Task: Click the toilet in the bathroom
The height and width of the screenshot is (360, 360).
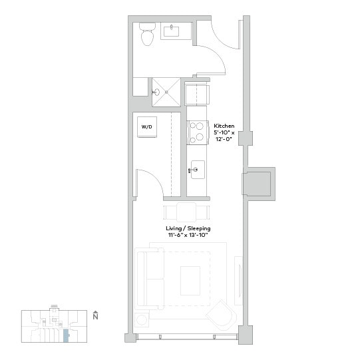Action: pyautogui.click(x=147, y=35)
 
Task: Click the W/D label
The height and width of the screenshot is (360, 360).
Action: pyautogui.click(x=146, y=126)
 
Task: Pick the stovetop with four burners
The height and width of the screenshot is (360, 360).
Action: pyautogui.click(x=198, y=132)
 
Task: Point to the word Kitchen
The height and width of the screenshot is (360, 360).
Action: pyautogui.click(x=224, y=124)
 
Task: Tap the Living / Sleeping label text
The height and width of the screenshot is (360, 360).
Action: pyautogui.click(x=188, y=228)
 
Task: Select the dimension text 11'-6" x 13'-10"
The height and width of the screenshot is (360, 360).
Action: pyautogui.click(x=188, y=235)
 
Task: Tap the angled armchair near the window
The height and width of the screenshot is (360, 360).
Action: pyautogui.click(x=222, y=314)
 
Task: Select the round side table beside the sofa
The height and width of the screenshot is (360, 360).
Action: pyautogui.click(x=141, y=319)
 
